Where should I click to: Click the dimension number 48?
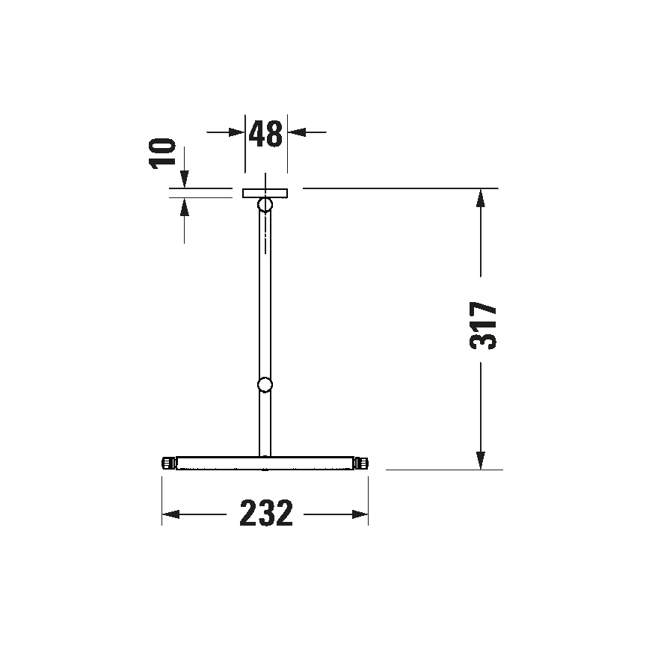pos(265,133)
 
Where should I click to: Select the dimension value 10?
pos(163,153)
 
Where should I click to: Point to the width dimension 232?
pos(265,514)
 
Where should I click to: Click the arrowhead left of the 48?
pos(238,132)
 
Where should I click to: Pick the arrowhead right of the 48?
pos(296,132)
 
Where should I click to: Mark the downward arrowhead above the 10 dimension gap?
pos(185,179)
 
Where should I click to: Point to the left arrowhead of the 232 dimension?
pos(171,514)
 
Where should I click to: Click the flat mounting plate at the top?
pos(265,193)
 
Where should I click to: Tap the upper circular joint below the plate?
pos(265,205)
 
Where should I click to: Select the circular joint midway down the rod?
pos(265,385)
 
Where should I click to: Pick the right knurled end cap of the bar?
pos(363,464)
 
